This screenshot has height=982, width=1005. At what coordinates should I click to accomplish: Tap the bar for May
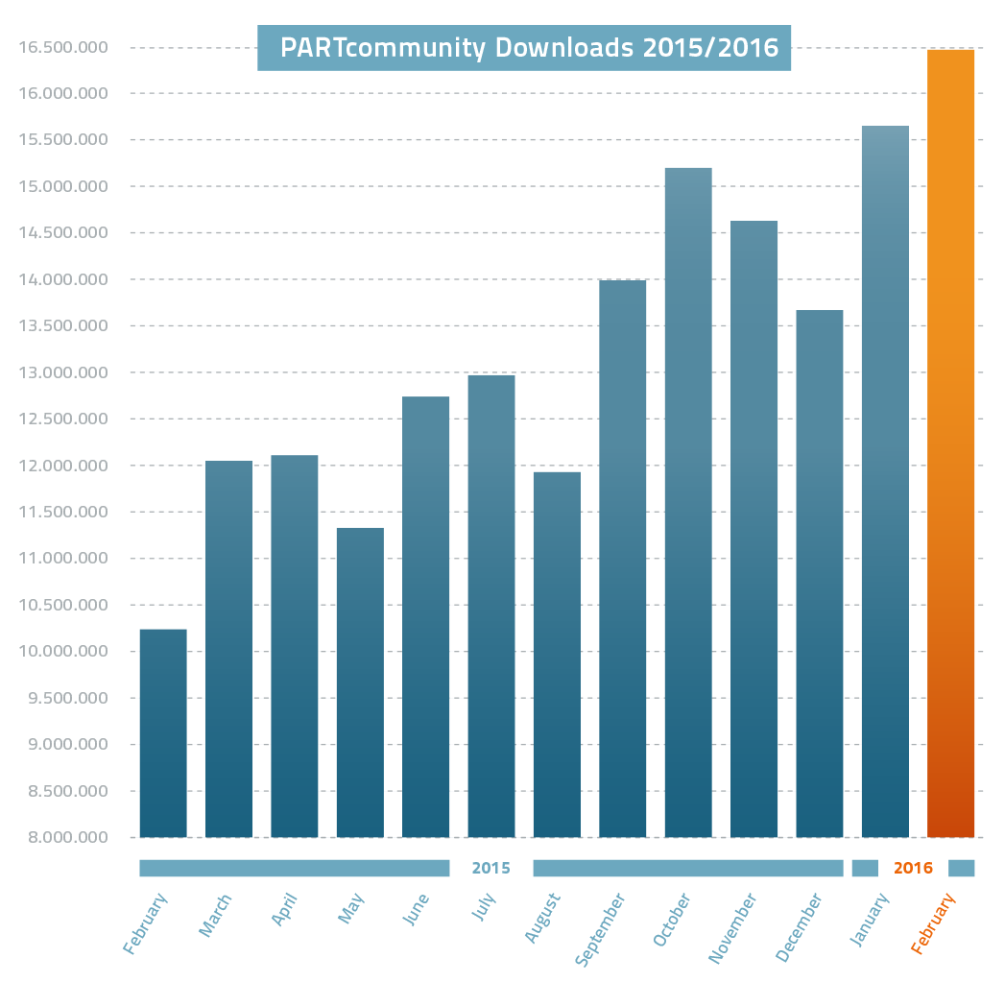tap(360, 683)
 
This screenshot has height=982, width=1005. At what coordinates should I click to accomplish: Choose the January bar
tap(885, 481)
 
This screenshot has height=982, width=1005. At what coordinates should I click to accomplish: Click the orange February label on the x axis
tap(934, 923)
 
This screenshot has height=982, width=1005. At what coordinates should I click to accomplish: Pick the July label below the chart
tap(484, 908)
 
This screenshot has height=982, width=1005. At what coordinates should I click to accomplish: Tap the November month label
tap(733, 927)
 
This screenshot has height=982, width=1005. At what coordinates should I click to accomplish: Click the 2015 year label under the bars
tap(491, 869)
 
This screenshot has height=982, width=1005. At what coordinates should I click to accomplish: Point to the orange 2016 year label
tap(913, 869)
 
